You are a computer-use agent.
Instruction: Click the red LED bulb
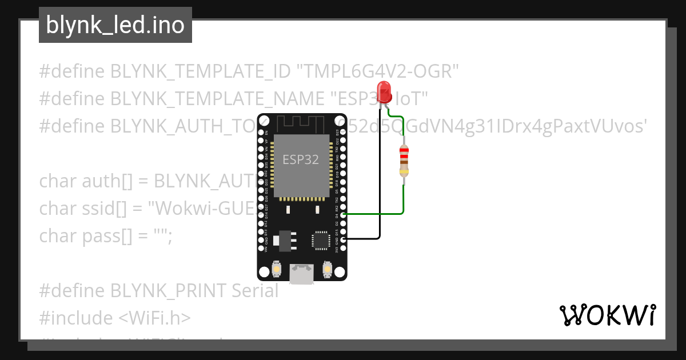(x=384, y=91)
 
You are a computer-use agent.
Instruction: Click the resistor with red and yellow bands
(x=404, y=161)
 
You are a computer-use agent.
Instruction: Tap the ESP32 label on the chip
(x=301, y=159)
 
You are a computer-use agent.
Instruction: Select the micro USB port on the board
(x=301, y=274)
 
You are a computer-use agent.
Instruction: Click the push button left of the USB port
(x=277, y=269)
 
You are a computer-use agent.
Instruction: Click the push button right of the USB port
(x=328, y=268)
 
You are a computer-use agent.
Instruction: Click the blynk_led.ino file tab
(x=115, y=25)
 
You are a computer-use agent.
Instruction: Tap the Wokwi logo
(x=607, y=315)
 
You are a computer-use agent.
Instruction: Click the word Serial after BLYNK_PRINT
(x=255, y=291)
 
